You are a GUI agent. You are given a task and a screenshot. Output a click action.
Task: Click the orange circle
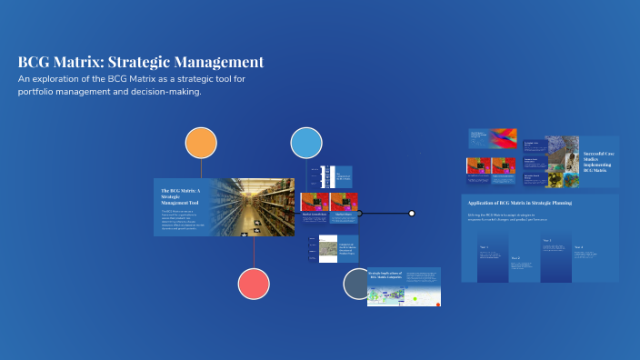click(201, 143)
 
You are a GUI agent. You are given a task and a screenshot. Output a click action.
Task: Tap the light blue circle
click(306, 143)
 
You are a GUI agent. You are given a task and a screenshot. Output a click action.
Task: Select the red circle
click(254, 285)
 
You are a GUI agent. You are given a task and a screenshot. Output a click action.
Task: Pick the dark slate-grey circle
click(358, 285)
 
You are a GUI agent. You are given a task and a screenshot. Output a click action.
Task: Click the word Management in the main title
click(224, 63)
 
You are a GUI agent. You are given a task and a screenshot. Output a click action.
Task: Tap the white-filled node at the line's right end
click(412, 214)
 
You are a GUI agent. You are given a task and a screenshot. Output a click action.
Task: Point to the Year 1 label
click(484, 247)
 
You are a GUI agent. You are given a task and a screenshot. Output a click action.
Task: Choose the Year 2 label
click(515, 258)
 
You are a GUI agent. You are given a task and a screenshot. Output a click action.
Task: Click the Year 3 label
click(546, 241)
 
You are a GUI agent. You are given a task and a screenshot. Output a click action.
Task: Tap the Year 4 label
click(578, 247)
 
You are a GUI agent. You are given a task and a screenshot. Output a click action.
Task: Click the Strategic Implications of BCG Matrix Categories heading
click(385, 275)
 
